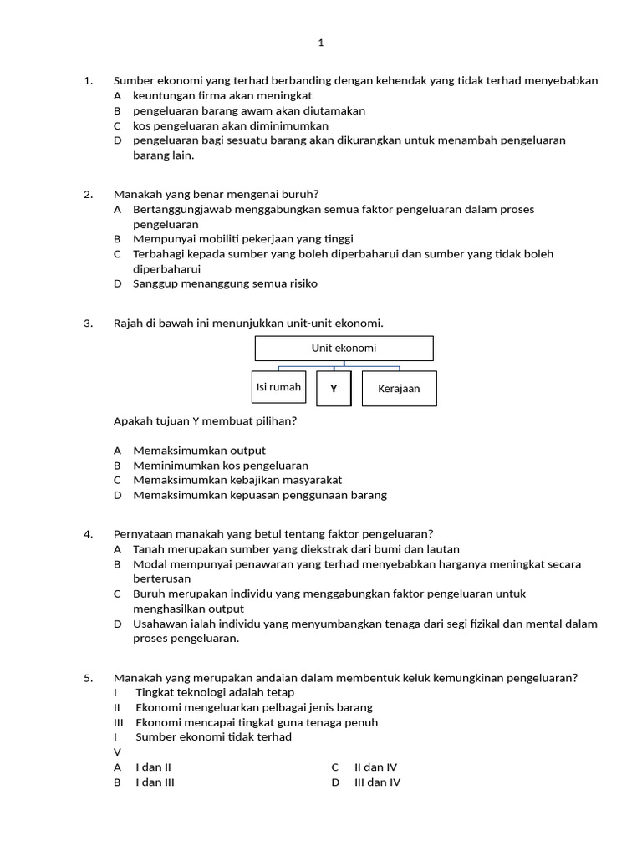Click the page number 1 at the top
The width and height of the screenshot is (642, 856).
pyautogui.click(x=320, y=43)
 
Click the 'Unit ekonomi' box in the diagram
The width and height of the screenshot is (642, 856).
pyautogui.click(x=344, y=348)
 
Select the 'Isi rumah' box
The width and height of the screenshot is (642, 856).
pyautogui.click(x=278, y=387)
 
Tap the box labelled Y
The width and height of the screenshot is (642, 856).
pyautogui.click(x=334, y=389)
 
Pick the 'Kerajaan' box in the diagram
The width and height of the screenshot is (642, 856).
pyautogui.click(x=399, y=389)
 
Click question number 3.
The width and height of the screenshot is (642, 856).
pyautogui.click(x=88, y=324)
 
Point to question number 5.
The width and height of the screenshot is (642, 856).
pyautogui.click(x=88, y=678)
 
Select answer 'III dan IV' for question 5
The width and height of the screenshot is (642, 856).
pyautogui.click(x=377, y=782)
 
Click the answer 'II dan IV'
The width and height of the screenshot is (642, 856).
pyautogui.click(x=375, y=767)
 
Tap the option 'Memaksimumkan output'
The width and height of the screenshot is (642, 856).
pyautogui.click(x=200, y=451)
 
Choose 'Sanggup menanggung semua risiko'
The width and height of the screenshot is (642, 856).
pyautogui.click(x=225, y=283)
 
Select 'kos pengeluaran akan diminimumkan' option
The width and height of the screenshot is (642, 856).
pyautogui.click(x=231, y=125)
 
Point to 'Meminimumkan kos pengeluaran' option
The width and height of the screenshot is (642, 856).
pyautogui.click(x=221, y=465)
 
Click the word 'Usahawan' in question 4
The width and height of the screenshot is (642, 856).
pyautogui.click(x=158, y=624)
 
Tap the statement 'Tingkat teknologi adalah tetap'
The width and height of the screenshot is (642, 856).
pyautogui.click(x=215, y=692)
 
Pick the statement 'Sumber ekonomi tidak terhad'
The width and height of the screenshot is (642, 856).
pyautogui.click(x=214, y=736)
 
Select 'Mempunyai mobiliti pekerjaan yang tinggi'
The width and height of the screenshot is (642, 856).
pyautogui.click(x=243, y=238)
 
